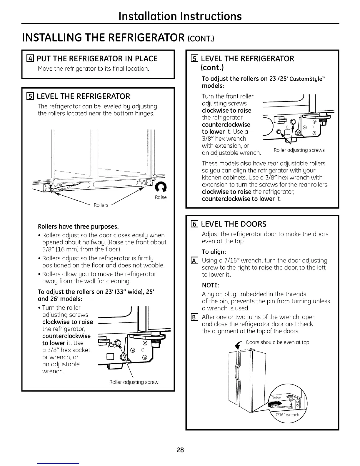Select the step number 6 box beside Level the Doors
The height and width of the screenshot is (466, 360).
click(x=194, y=224)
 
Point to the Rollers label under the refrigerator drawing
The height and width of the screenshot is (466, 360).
click(x=101, y=205)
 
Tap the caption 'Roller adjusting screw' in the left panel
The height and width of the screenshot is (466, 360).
click(x=134, y=382)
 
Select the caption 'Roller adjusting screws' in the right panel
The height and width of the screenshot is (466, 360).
click(x=299, y=150)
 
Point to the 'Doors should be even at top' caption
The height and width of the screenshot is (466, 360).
click(x=277, y=342)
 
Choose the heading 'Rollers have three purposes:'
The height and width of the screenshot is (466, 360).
click(x=78, y=227)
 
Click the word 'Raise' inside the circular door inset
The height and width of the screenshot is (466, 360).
click(x=276, y=398)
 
